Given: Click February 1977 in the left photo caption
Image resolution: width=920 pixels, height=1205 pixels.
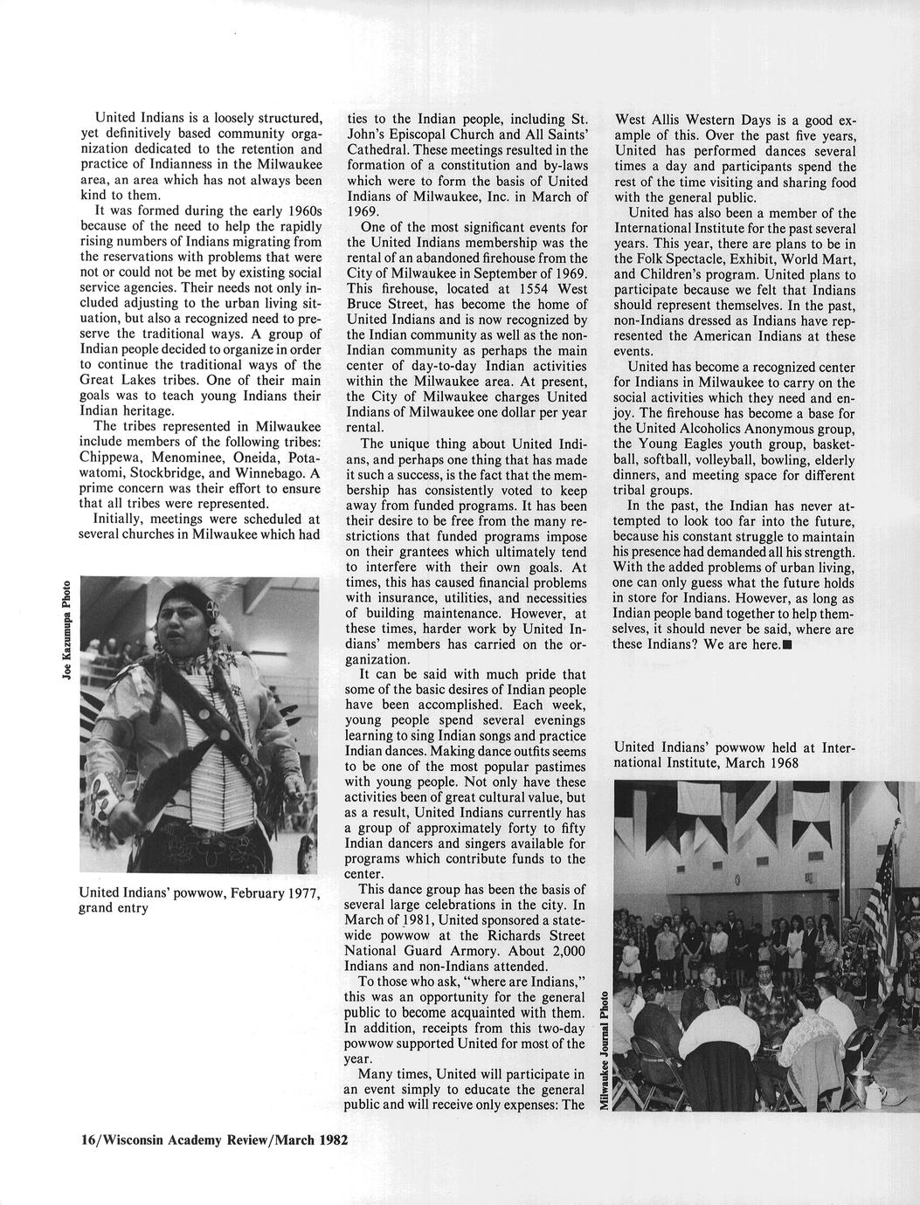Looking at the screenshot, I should [259, 892].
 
